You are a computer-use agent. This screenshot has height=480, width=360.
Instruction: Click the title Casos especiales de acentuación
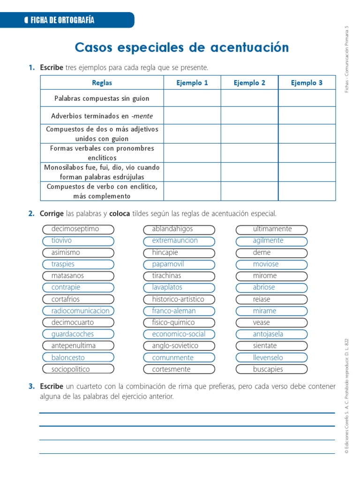[x=182, y=47]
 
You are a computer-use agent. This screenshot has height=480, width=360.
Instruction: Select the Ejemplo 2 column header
[x=249, y=82]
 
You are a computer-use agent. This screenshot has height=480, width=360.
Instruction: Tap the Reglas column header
[x=102, y=82]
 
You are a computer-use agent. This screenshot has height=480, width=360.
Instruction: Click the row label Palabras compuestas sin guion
[x=102, y=98]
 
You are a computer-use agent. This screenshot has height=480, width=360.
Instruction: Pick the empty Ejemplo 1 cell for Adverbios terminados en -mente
[x=192, y=115]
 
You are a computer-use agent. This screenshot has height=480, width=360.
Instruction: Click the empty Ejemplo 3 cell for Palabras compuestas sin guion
[x=307, y=98]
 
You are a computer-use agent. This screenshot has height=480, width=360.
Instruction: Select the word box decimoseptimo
[x=78, y=229]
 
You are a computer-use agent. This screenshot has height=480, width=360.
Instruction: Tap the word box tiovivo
[x=78, y=241]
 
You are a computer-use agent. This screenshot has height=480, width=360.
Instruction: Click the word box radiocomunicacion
[x=78, y=311]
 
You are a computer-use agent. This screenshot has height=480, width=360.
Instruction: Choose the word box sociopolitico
[x=78, y=369]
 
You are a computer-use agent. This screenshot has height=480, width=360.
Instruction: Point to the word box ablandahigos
[x=179, y=229]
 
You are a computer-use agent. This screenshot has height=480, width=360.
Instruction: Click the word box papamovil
[x=179, y=264]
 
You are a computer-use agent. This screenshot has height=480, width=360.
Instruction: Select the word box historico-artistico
[x=179, y=299]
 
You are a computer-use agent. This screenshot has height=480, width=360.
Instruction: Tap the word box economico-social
[x=179, y=334]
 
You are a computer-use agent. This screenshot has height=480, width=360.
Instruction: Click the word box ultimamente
[x=271, y=229]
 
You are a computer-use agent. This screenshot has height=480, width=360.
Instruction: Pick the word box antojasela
[x=271, y=334]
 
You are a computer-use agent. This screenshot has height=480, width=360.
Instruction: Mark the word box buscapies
[x=271, y=369]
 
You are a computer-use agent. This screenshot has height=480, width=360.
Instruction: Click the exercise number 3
[x=31, y=387]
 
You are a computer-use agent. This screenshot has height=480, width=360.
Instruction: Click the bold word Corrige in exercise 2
[x=52, y=214]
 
